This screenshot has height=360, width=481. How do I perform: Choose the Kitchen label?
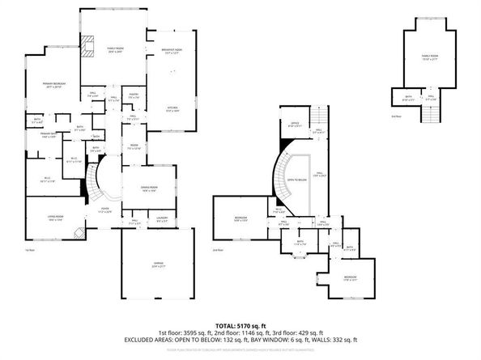click(x=172, y=110)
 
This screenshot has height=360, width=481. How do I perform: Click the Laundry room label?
click(x=162, y=220)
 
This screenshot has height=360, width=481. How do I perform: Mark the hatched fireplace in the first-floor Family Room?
click(x=88, y=45)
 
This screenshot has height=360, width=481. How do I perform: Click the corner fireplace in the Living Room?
click(x=78, y=234)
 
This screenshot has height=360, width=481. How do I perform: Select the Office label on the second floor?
click(x=296, y=125)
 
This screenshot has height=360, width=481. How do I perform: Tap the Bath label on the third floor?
click(x=409, y=100)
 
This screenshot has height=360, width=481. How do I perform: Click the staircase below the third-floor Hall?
click(x=419, y=114)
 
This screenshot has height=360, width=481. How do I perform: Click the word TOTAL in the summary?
click(x=219, y=324)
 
